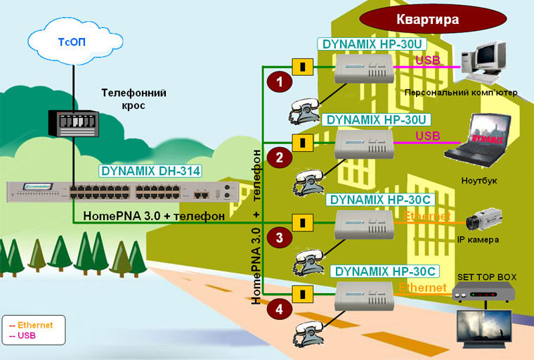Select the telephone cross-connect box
coord(72,124)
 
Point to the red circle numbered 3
coord(280,238)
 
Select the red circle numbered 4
coord(280,308)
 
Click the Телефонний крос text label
coord(133,98)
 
